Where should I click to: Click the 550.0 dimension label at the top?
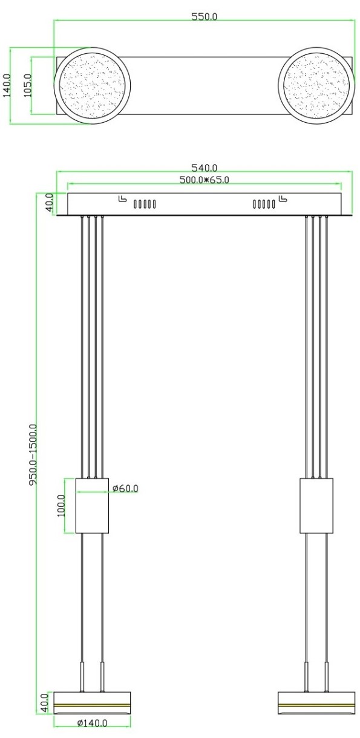point(205,16)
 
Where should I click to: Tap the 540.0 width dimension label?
point(205,168)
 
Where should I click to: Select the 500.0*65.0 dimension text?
point(204,180)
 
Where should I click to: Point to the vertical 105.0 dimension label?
point(28,85)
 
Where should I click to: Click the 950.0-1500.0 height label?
point(33,455)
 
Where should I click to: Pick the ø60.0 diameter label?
point(125,488)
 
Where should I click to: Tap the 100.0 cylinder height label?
point(61,505)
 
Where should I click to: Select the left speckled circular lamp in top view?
point(93,86)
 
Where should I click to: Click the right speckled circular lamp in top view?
point(316,86)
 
